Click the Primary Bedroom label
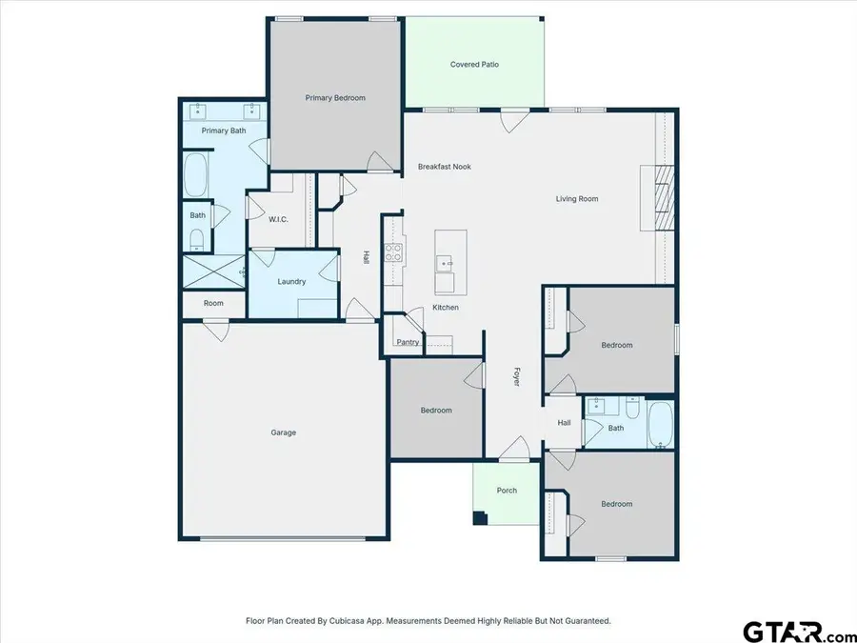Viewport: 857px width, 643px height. click(334, 98)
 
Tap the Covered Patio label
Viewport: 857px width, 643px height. click(474, 65)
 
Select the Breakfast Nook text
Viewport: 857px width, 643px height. click(445, 167)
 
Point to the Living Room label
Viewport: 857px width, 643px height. click(577, 199)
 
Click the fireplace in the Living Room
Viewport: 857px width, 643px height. click(664, 198)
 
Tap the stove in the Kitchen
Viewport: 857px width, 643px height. click(392, 253)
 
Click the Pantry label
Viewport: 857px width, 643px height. click(408, 342)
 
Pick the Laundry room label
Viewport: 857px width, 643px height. click(291, 282)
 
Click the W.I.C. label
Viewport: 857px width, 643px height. click(278, 220)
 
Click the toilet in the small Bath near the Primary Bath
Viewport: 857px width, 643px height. click(197, 238)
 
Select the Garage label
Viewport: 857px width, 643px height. click(283, 432)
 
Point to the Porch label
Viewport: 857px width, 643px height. click(507, 491)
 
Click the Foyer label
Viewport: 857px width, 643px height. click(518, 375)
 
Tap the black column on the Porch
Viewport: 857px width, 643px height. click(480, 518)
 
